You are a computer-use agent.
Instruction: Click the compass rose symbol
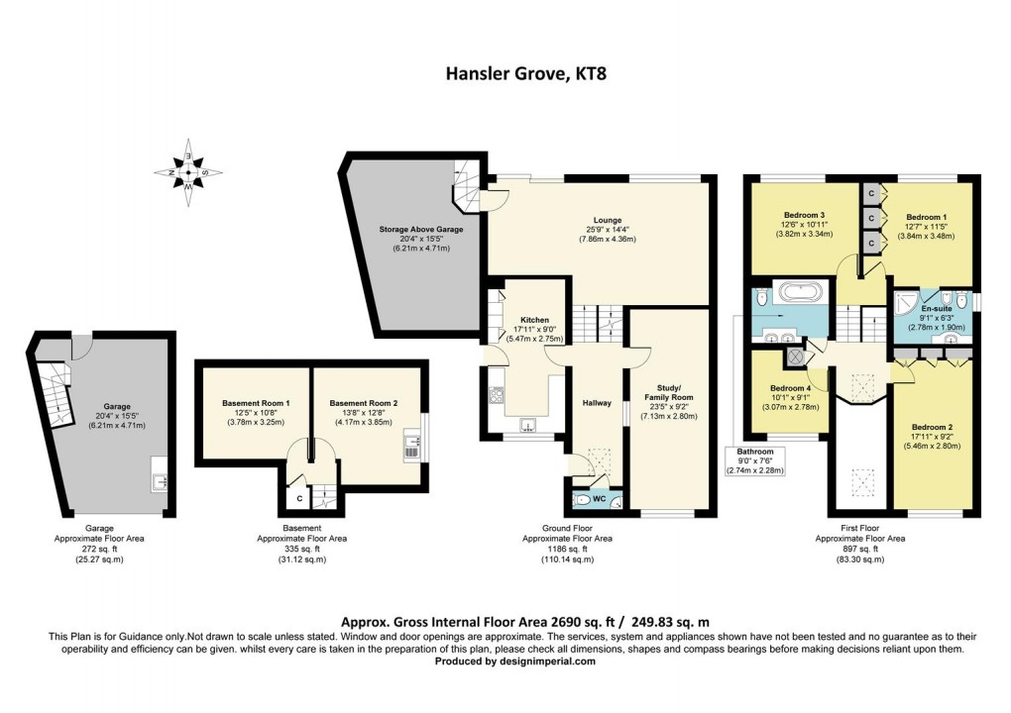coord(187,170)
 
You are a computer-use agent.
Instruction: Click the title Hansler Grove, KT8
coord(505,73)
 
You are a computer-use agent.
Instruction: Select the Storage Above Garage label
coord(420,229)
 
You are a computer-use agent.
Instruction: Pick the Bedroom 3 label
coord(804,215)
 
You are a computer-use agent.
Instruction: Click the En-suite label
coord(935,294)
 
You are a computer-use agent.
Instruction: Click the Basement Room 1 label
coord(256,403)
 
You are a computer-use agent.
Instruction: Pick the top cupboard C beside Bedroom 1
coord(869,192)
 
